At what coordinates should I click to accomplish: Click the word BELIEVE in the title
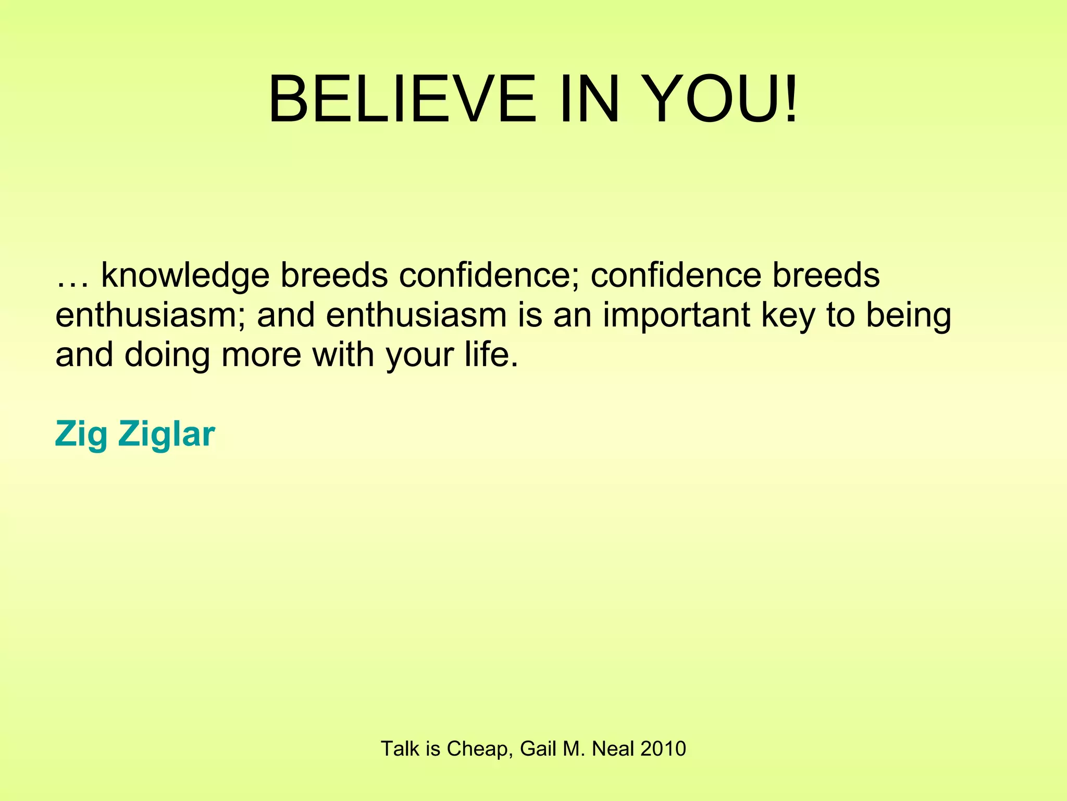402,99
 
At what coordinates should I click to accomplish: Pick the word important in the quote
676,316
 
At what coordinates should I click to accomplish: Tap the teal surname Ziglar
166,434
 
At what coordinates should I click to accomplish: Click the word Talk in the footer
400,749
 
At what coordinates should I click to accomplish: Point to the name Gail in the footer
538,749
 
